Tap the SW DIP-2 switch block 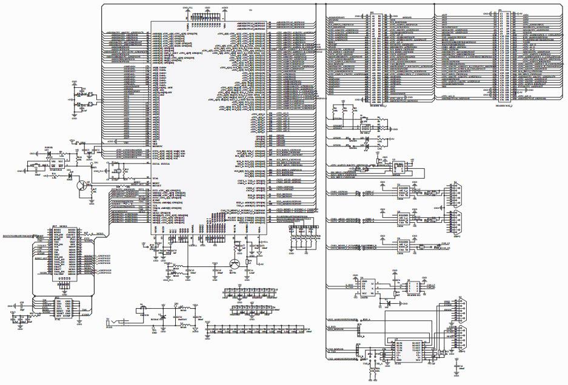365,128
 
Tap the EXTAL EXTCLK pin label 161,163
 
